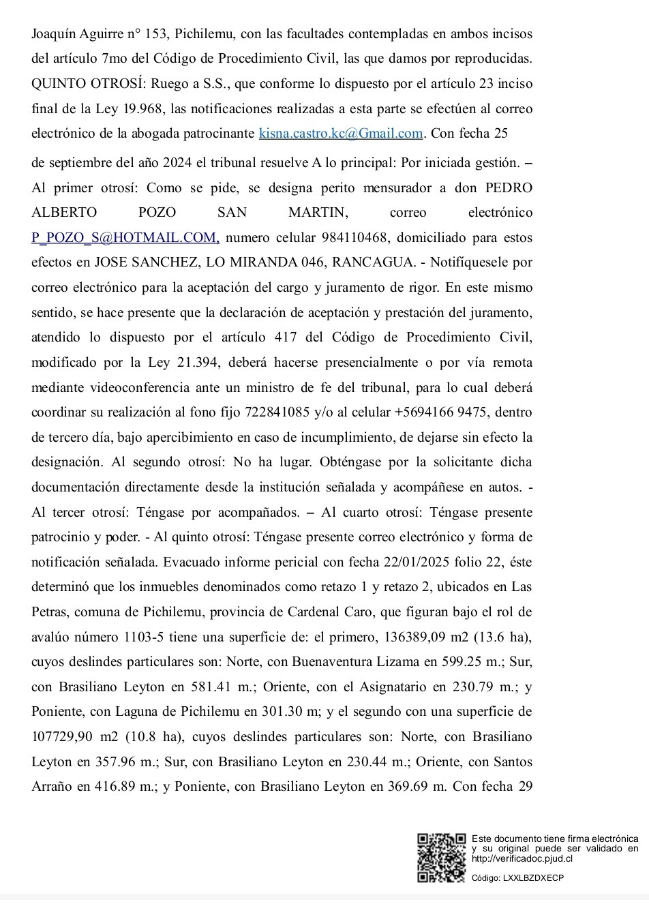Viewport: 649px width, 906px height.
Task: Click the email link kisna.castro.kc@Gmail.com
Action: pyautogui.click(x=341, y=133)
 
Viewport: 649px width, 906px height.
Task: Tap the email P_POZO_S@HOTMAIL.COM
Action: pyautogui.click(x=125, y=237)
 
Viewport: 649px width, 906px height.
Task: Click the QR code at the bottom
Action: pyautogui.click(x=441, y=857)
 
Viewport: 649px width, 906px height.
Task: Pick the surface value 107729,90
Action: pyautogui.click(x=65, y=736)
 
